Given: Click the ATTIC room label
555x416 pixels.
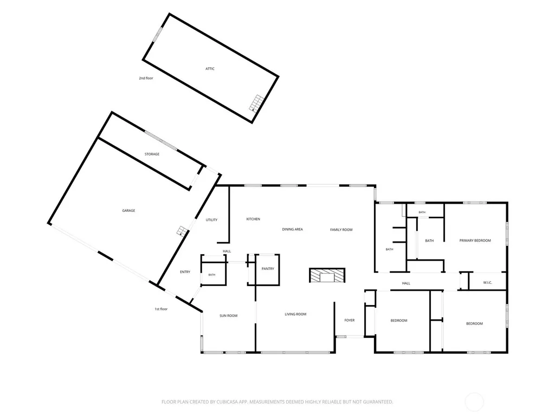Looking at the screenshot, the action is pos(210,69).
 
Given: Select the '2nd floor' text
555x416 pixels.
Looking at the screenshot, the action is pos(146,78).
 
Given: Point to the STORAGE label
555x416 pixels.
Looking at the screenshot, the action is pos(152,154).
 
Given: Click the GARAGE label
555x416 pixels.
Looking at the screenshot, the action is pos(128,211).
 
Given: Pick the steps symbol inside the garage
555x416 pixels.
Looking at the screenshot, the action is pos(182,231).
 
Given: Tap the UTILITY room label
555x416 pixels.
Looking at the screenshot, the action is pos(212,220).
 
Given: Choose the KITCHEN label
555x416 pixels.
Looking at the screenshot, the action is pos(253,219).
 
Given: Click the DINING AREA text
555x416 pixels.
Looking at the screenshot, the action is pos(292,230).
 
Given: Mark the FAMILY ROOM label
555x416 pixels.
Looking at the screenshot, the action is pos(341,230).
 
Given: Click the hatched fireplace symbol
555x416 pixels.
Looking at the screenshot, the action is pos(327,275).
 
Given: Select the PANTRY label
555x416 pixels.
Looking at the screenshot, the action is pos(268,269).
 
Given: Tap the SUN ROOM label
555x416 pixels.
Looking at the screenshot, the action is pos(228,316).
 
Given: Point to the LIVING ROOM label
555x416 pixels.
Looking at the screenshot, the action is pos(295,314).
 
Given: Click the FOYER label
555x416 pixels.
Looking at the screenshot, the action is pos(350,321).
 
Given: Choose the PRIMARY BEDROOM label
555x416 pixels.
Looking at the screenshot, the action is pos(475,240).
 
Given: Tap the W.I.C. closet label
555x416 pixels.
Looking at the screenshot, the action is pos(487,283).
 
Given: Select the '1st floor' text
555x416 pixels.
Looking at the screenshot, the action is pos(161,309).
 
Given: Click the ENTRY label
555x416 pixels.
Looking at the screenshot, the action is pos(185,272).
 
